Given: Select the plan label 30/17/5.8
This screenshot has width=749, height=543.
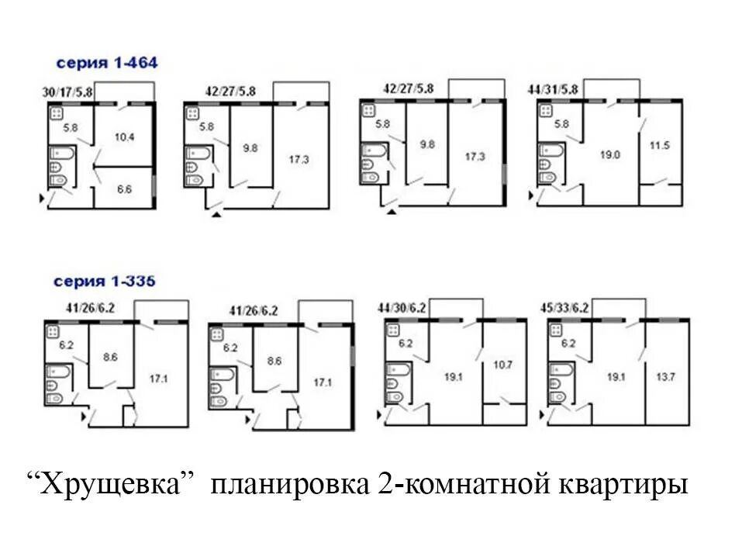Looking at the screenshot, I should [68, 93].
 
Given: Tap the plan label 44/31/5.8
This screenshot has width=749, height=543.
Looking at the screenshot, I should [553, 90].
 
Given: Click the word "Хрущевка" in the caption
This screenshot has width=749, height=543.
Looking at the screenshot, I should [113, 487].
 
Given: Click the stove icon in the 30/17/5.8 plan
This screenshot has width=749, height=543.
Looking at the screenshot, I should [57, 113].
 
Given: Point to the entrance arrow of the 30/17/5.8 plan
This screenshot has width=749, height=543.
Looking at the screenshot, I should [41, 200].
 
